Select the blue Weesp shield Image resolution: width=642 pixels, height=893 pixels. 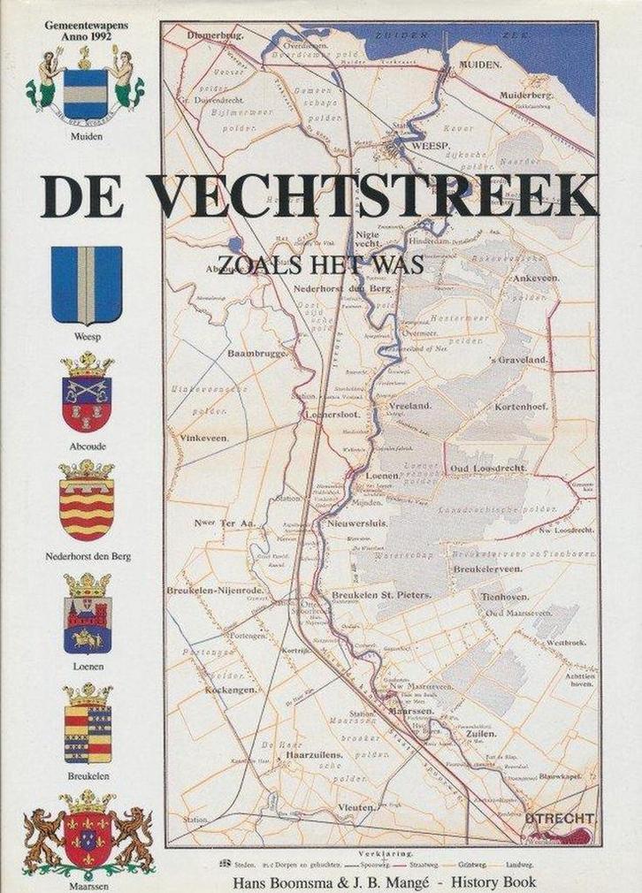coord(86,285)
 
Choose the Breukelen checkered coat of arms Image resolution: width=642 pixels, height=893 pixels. coord(87,722)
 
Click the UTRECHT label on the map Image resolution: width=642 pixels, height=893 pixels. coord(558,819)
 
